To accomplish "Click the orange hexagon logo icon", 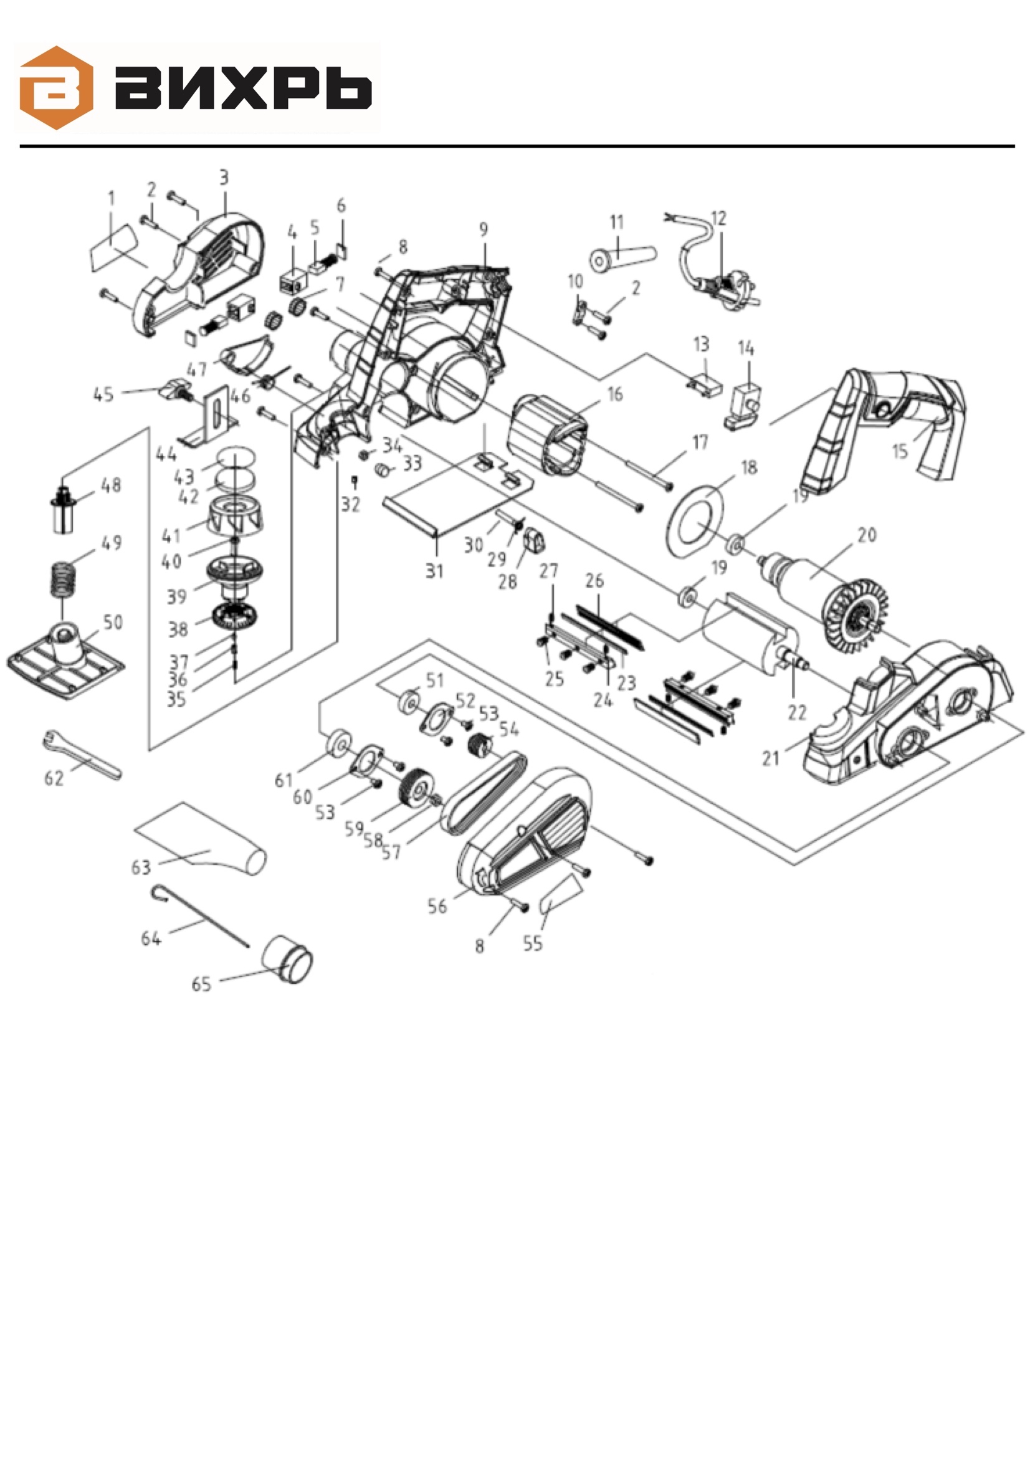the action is [57, 88].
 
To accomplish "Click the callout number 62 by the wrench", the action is [54, 777].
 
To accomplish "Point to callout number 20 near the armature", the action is [867, 535].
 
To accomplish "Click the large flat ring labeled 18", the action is [695, 521].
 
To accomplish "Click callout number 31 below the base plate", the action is [434, 571].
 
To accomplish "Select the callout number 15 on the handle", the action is [900, 451].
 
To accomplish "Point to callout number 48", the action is [111, 485].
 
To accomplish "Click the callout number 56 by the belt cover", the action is [437, 906].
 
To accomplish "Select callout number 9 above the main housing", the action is [484, 229].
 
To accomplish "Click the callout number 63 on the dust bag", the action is [141, 867].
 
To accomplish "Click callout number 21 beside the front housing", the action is [770, 758].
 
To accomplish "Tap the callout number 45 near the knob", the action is [103, 394].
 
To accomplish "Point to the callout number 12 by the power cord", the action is [718, 218].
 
